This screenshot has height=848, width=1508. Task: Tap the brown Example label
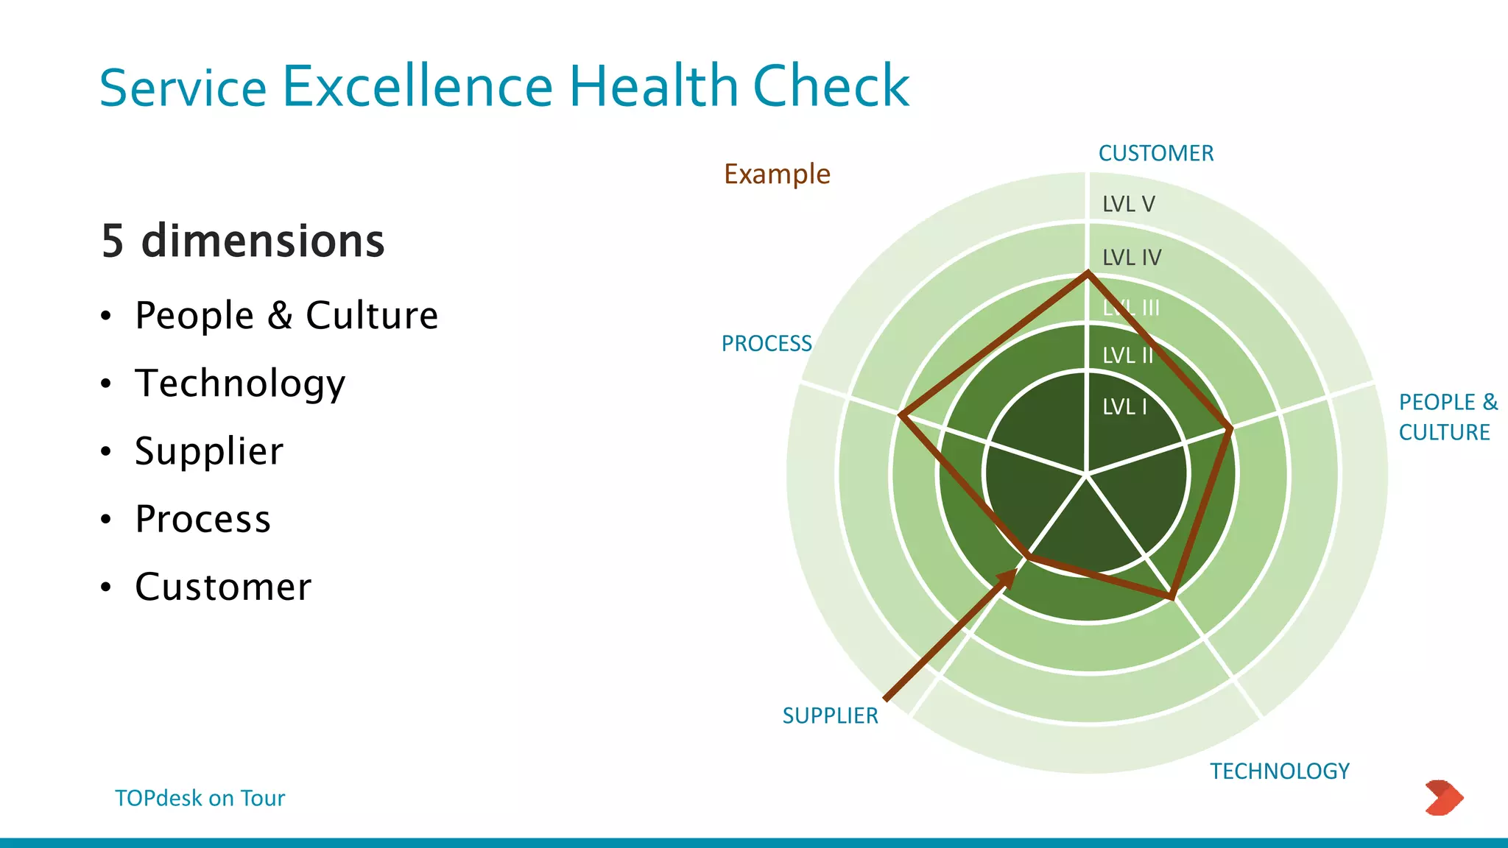pos(777,174)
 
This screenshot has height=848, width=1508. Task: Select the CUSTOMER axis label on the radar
pos(1155,153)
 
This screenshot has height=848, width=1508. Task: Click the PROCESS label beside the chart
pos(767,343)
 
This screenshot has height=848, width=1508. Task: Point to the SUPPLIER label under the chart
pos(830,715)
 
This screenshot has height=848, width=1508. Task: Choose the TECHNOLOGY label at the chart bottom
pos(1280,771)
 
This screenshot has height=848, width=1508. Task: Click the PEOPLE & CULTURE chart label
pos(1447,417)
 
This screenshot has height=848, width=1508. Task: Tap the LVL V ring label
pos(1128,204)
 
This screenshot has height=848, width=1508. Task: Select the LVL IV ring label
pos(1131,258)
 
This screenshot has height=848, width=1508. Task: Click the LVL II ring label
pos(1127,356)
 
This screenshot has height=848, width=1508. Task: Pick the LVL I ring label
pos(1124,406)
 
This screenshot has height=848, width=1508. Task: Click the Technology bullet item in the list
pos(240,384)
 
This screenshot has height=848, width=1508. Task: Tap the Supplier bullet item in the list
pos(209,451)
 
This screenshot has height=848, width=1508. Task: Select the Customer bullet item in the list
pos(223,587)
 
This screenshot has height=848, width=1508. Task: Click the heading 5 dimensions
pos(243,241)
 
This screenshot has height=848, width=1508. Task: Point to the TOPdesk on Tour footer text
pos(200,798)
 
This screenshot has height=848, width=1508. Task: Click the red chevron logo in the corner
pos(1443,797)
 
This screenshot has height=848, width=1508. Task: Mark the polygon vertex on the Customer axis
pos(1088,274)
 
